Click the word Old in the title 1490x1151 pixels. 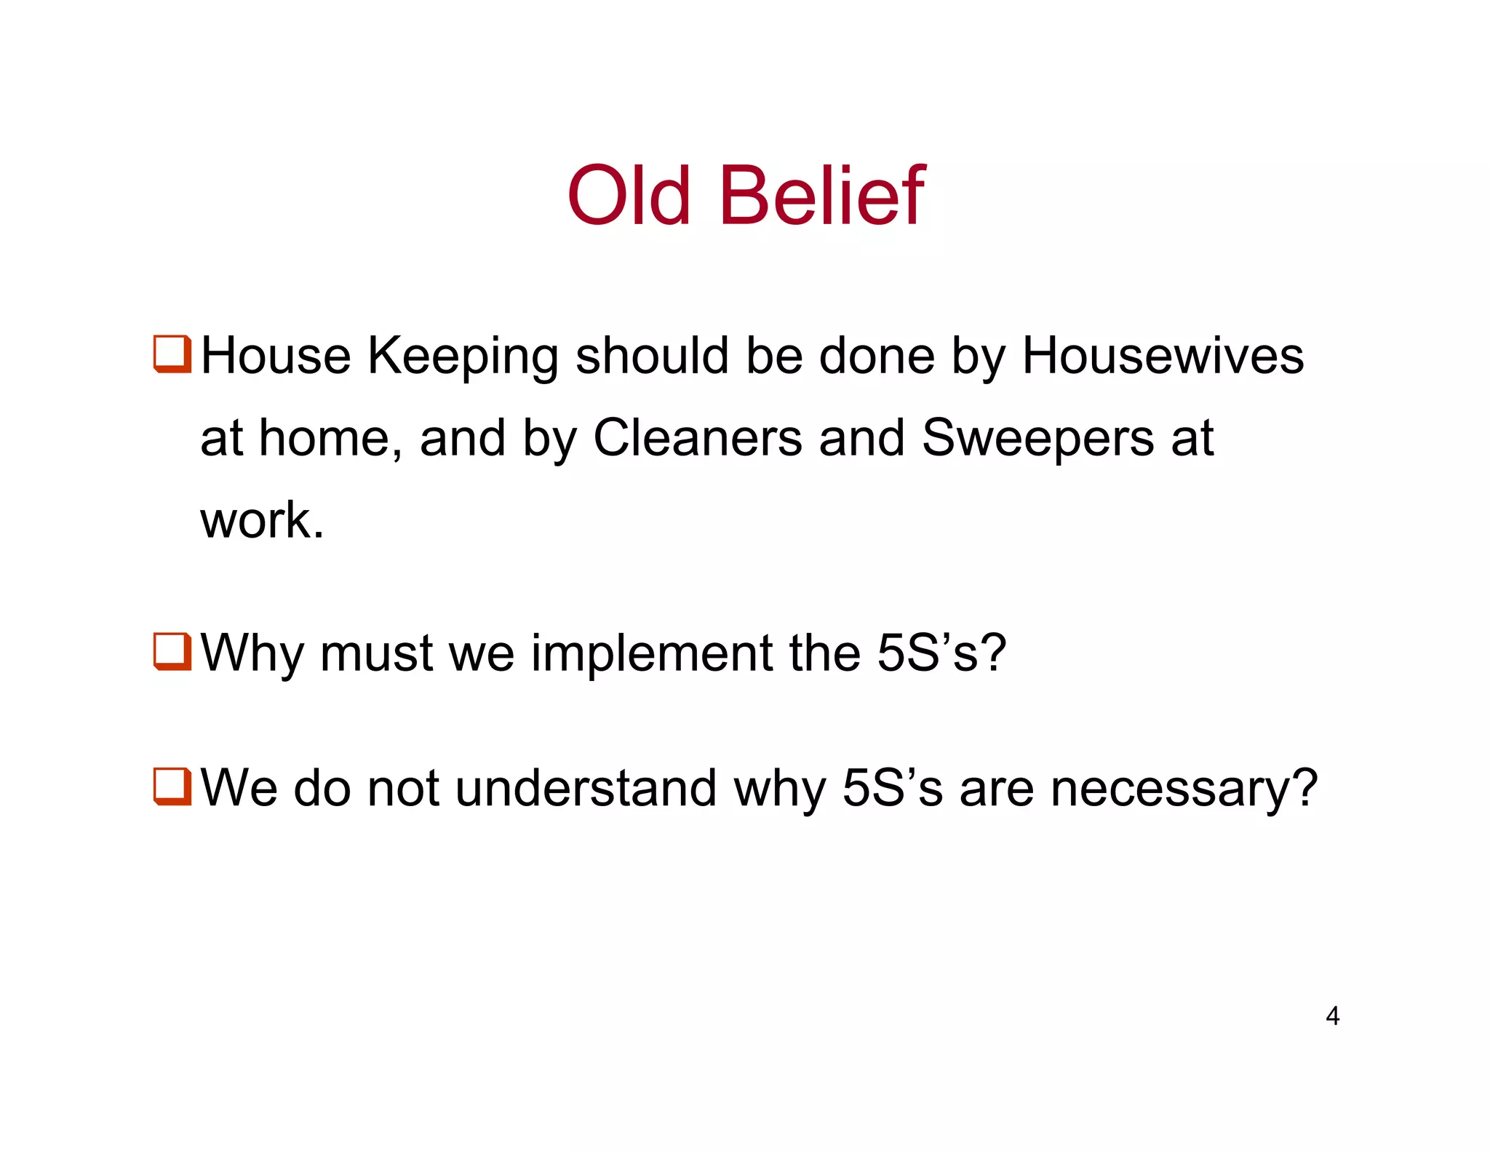pyautogui.click(x=629, y=196)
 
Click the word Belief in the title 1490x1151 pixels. pyautogui.click(x=821, y=196)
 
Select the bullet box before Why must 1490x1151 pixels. pyautogui.click(x=172, y=651)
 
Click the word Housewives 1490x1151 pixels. pyautogui.click(x=1163, y=356)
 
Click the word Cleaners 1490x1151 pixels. pyautogui.click(x=697, y=438)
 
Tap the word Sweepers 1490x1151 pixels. pyautogui.click(x=1037, y=439)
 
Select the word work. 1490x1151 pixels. pyautogui.click(x=261, y=520)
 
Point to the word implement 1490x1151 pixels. pyautogui.click(x=652, y=654)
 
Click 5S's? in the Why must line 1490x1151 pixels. pyautogui.click(x=941, y=653)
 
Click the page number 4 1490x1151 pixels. pyautogui.click(x=1332, y=1016)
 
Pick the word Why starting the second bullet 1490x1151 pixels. pyautogui.click(x=252, y=654)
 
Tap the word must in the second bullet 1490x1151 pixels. pyautogui.click(x=376, y=653)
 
